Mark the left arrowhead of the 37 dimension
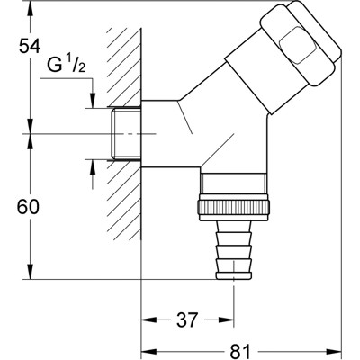[x=146, y=320]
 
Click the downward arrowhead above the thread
[x=93, y=105]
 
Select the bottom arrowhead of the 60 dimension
[x=33, y=274]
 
